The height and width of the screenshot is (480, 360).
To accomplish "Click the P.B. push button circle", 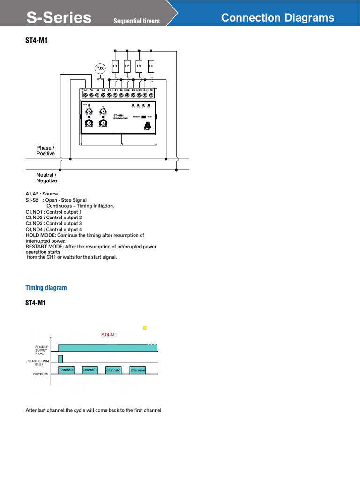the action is [x=100, y=68].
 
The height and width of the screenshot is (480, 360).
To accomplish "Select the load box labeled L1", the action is [x=115, y=67].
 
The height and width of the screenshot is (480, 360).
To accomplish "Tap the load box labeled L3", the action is [x=139, y=67].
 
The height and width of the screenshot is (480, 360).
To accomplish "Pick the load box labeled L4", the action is [x=151, y=67].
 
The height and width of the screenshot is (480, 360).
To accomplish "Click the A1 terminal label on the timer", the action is [x=85, y=90].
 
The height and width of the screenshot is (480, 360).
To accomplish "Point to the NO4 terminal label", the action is [x=151, y=90].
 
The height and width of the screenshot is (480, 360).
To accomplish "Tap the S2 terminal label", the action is [x=103, y=90].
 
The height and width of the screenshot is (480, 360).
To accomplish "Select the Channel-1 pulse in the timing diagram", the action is [x=67, y=370].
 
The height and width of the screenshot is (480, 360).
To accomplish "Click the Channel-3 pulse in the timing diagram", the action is [x=113, y=370].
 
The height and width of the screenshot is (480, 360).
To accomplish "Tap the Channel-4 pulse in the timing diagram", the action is [x=138, y=370].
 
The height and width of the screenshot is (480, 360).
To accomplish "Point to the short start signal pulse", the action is [x=60, y=359].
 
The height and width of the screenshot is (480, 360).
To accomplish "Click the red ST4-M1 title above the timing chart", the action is [x=109, y=335].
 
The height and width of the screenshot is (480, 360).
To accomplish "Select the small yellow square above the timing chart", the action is [x=145, y=328].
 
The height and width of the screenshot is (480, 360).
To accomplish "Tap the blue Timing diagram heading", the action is [x=46, y=288].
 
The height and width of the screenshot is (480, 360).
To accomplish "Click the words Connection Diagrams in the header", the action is [x=277, y=18].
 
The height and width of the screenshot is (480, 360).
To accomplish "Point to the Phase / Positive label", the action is [x=45, y=150].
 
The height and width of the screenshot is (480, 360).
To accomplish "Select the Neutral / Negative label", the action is [x=47, y=178].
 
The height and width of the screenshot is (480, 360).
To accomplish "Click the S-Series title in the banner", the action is [x=59, y=18].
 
